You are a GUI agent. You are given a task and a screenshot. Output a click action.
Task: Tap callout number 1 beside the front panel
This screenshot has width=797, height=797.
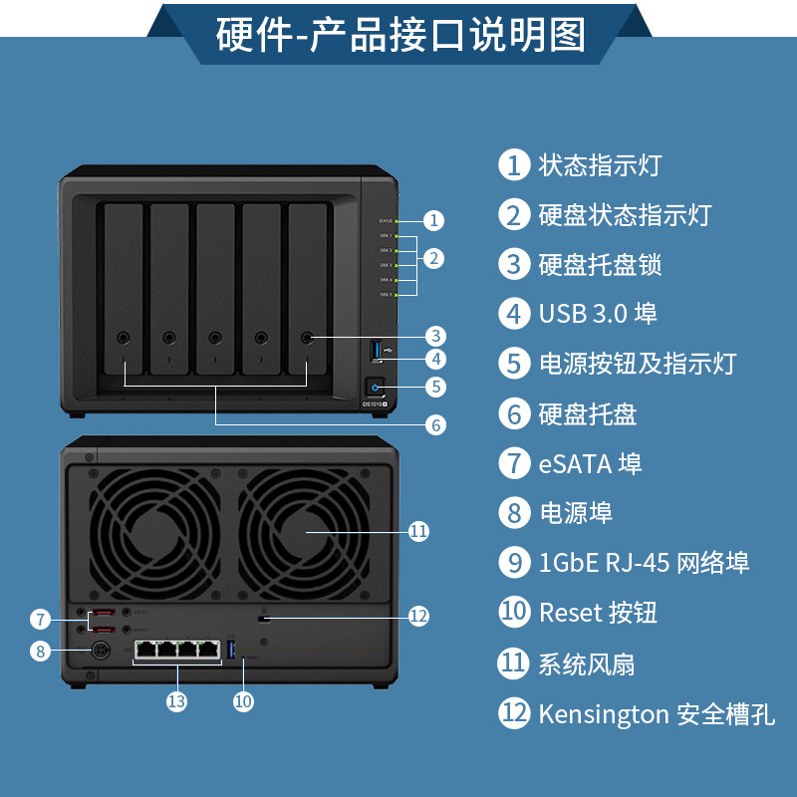(x=433, y=220)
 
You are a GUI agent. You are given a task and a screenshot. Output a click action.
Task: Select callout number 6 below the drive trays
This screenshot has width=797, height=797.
(x=434, y=424)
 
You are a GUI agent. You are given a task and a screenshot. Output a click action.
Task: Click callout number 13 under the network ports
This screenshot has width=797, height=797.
(x=176, y=701)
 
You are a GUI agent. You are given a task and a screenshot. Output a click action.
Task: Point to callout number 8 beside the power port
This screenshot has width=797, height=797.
(x=40, y=652)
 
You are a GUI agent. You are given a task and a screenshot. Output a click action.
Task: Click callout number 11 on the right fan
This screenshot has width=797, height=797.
(x=418, y=531)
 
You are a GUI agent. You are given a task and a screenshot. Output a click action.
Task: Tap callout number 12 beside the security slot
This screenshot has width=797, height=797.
(x=418, y=617)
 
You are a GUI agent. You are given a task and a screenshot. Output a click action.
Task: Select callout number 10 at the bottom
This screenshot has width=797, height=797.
(x=244, y=701)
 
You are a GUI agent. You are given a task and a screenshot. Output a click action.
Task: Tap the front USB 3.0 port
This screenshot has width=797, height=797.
(x=377, y=351)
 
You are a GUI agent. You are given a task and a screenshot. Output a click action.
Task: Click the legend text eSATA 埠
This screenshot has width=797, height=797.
(x=590, y=463)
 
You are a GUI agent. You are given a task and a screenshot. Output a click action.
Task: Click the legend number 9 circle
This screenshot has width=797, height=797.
(x=514, y=563)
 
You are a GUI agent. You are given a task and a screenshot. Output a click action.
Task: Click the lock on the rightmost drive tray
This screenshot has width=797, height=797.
(x=307, y=338)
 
